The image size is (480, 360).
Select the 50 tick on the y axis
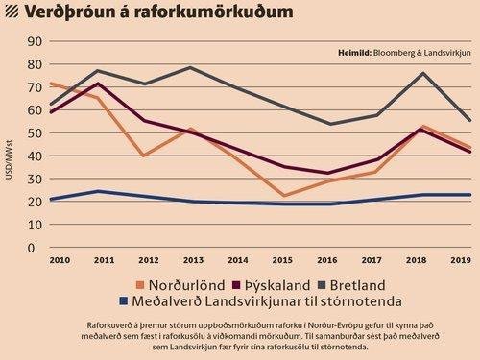coord(36,132)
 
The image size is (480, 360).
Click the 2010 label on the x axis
coord(58,261)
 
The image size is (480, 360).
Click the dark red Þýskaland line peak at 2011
coord(97,84)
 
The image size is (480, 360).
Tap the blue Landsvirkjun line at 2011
coord(97,191)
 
